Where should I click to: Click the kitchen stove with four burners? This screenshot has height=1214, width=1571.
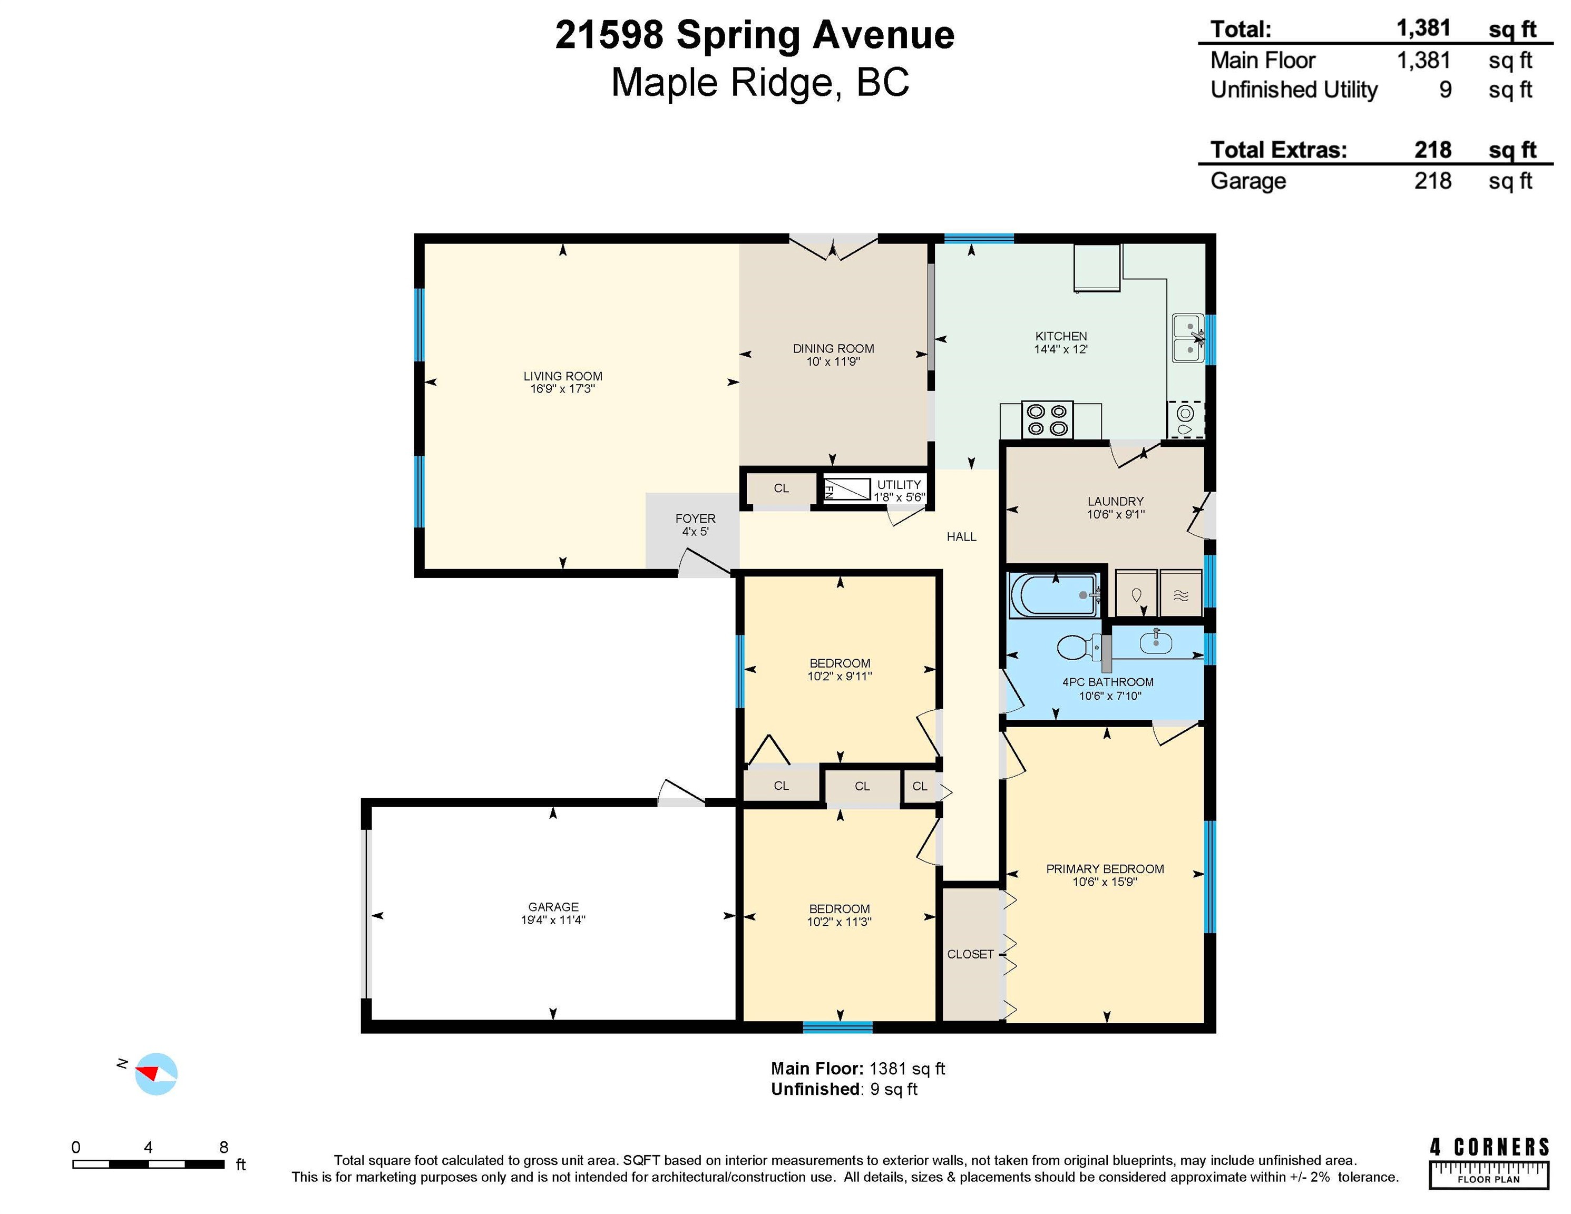(x=1047, y=420)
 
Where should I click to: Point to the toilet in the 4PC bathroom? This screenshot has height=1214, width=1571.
(x=1079, y=647)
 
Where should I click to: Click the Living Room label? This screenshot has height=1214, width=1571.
(x=562, y=376)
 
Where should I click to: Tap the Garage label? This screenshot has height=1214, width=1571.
(x=553, y=907)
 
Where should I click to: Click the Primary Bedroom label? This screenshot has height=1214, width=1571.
(x=1105, y=869)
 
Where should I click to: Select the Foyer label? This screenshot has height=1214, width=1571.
(x=695, y=518)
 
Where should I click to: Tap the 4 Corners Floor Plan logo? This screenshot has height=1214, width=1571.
(x=1489, y=1163)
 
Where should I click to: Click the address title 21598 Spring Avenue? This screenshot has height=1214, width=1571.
(x=755, y=35)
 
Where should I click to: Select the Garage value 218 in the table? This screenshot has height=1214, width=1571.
(x=1432, y=181)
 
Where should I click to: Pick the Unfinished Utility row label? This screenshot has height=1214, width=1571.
(x=1293, y=90)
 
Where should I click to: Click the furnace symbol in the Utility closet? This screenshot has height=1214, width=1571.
(x=847, y=490)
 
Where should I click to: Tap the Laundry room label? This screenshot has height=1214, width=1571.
(x=1115, y=501)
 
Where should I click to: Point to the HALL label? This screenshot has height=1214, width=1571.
(x=961, y=536)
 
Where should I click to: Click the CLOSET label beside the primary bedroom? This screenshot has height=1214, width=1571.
(x=970, y=954)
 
